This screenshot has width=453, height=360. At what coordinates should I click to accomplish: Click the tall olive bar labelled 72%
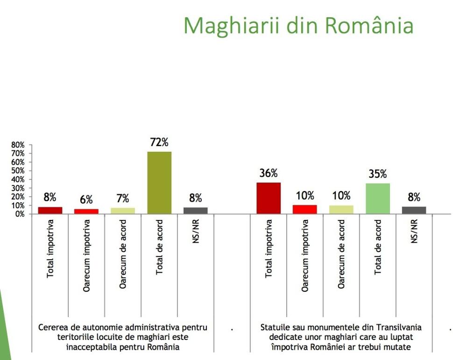(x=159, y=183)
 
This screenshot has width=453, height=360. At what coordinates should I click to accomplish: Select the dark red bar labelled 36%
(x=269, y=198)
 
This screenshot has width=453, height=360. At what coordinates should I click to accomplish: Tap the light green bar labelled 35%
(x=377, y=198)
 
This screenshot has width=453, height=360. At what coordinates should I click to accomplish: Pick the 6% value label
(x=86, y=200)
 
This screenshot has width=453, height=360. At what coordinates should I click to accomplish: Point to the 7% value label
(x=122, y=198)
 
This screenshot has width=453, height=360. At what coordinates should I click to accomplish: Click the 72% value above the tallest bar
(x=159, y=143)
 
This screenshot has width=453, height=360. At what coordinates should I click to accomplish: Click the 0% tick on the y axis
(x=19, y=214)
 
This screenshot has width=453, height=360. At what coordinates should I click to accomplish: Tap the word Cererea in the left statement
(x=53, y=328)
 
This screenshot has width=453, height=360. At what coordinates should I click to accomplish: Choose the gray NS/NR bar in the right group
(x=414, y=210)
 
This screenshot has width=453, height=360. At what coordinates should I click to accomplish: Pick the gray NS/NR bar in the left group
(x=196, y=211)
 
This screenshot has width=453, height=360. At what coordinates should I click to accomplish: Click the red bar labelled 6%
(x=86, y=211)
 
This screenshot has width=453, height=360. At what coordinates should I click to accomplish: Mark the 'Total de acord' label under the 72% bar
(x=159, y=247)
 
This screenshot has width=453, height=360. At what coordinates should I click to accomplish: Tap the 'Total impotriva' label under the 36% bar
(x=269, y=248)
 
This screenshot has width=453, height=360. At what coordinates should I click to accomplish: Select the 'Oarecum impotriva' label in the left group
(x=86, y=255)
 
